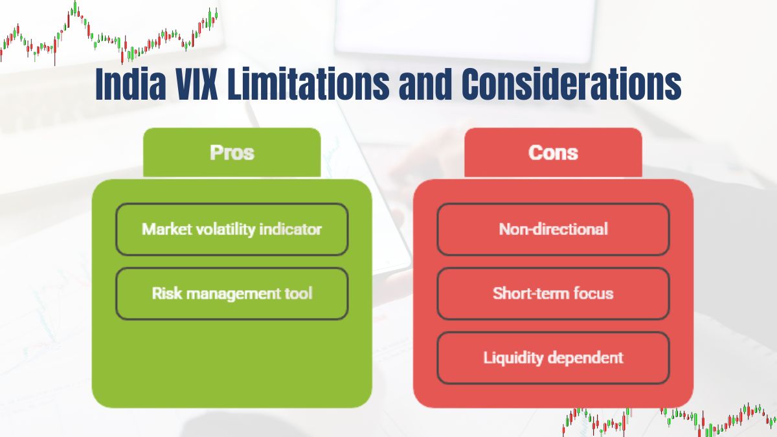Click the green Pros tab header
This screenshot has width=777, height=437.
[x=232, y=153]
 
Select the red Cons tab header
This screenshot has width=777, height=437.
[x=553, y=153]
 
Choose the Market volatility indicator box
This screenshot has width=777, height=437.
[x=232, y=229]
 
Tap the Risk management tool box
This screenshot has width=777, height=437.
[x=232, y=293]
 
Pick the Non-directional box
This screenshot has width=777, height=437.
[x=553, y=229]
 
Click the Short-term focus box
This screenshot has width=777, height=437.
[x=553, y=293]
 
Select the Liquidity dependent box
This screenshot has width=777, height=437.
[x=553, y=357]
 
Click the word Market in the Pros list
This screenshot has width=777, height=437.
[x=163, y=229]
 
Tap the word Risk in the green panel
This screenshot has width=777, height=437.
[x=164, y=293]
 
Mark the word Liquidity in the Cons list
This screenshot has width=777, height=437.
[x=512, y=357]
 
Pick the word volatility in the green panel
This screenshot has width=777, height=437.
[x=226, y=229]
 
